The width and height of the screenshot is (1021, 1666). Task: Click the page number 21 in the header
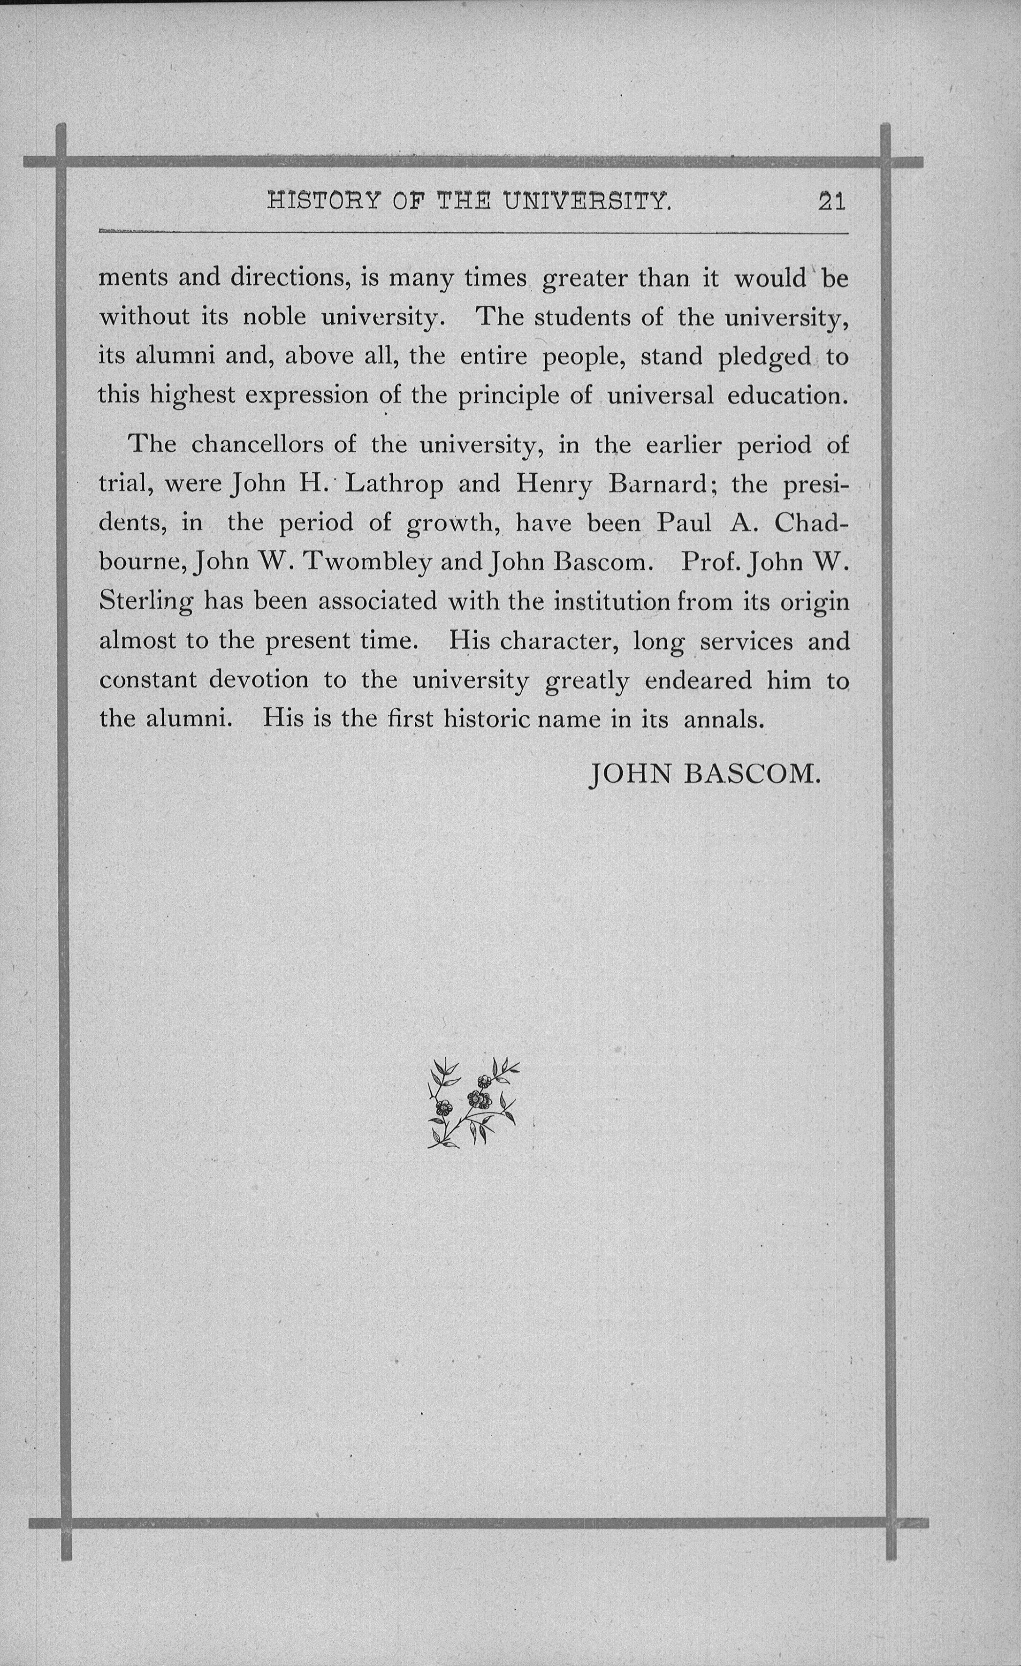click(x=831, y=202)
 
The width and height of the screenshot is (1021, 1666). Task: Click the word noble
click(x=274, y=317)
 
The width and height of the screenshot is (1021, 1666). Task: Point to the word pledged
click(x=764, y=356)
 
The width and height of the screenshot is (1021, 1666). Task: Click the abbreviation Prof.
click(x=710, y=562)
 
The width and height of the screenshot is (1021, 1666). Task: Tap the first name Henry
click(x=554, y=484)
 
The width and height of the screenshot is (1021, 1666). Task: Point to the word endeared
click(x=698, y=680)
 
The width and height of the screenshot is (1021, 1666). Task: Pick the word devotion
click(x=259, y=680)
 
